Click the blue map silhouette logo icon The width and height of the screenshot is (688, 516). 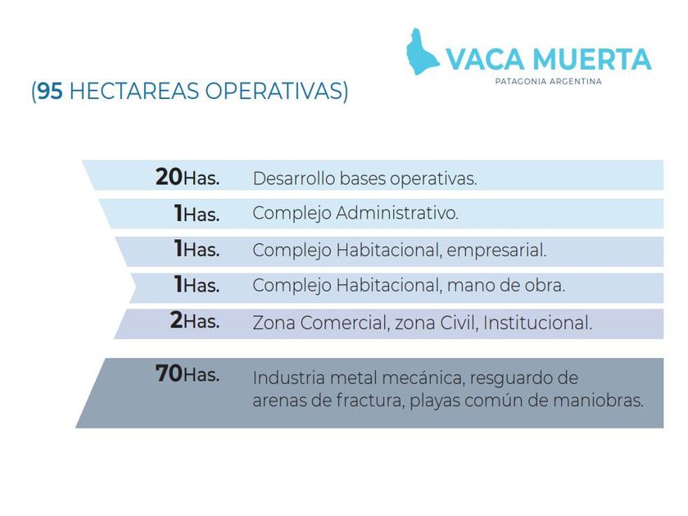(x=422, y=52)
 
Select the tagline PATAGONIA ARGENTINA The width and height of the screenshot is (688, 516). (x=548, y=82)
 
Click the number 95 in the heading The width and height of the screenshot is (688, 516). (x=50, y=91)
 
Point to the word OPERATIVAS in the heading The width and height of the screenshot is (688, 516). (x=273, y=91)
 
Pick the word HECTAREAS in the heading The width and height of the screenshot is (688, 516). (x=134, y=91)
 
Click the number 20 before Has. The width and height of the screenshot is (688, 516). (x=169, y=177)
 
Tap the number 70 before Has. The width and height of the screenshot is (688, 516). (x=169, y=373)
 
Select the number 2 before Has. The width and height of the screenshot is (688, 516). (x=176, y=320)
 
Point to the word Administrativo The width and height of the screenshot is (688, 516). (x=397, y=213)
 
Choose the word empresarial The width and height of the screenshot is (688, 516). (x=496, y=251)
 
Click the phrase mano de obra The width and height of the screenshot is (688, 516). (x=506, y=286)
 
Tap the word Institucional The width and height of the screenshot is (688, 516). (x=537, y=323)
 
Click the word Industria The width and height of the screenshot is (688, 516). (x=288, y=378)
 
